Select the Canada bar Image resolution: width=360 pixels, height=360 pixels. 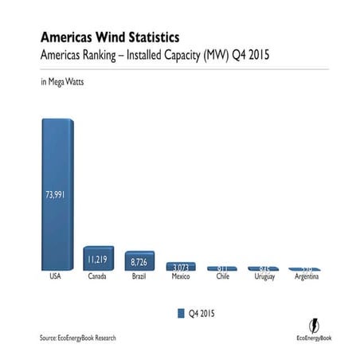click(99, 259)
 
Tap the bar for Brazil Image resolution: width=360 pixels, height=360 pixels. click(140, 260)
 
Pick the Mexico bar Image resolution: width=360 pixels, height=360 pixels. click(181, 267)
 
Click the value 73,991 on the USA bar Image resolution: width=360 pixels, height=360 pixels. click(57, 197)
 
